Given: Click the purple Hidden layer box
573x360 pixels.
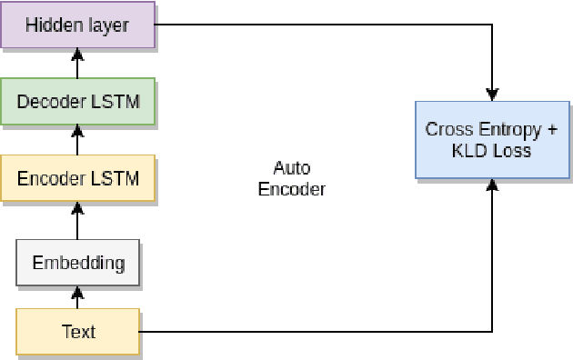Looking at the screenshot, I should point(77,25).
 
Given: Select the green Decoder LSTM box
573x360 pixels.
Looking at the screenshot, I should point(77,101).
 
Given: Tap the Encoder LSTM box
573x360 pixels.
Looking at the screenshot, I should point(77,178).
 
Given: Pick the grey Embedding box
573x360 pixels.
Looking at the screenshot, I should point(77,263).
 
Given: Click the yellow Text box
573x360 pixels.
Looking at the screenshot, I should point(77,332).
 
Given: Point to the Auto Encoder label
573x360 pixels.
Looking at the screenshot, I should point(291,178).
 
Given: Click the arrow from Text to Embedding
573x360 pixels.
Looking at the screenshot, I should point(77,297).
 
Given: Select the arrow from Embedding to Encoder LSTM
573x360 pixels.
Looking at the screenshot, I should point(77,221).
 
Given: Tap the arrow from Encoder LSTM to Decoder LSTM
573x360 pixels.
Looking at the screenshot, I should point(77,140).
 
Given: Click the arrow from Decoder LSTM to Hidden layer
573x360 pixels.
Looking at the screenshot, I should point(77,63).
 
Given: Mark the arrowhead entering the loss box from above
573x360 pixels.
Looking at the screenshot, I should point(492,94).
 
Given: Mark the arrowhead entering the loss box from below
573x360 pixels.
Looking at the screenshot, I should point(492,185).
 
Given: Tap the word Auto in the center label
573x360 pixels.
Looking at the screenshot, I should point(291,168).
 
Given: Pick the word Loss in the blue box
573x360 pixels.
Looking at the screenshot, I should point(511,150).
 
